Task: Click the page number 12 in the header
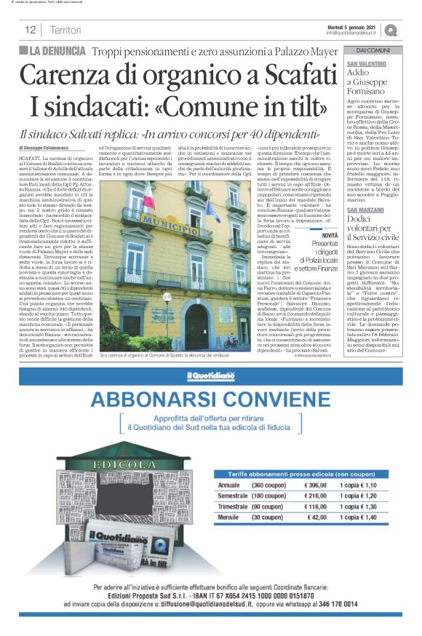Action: tap(31, 30)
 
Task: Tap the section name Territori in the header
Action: tap(65, 30)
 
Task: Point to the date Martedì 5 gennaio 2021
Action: tap(351, 26)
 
